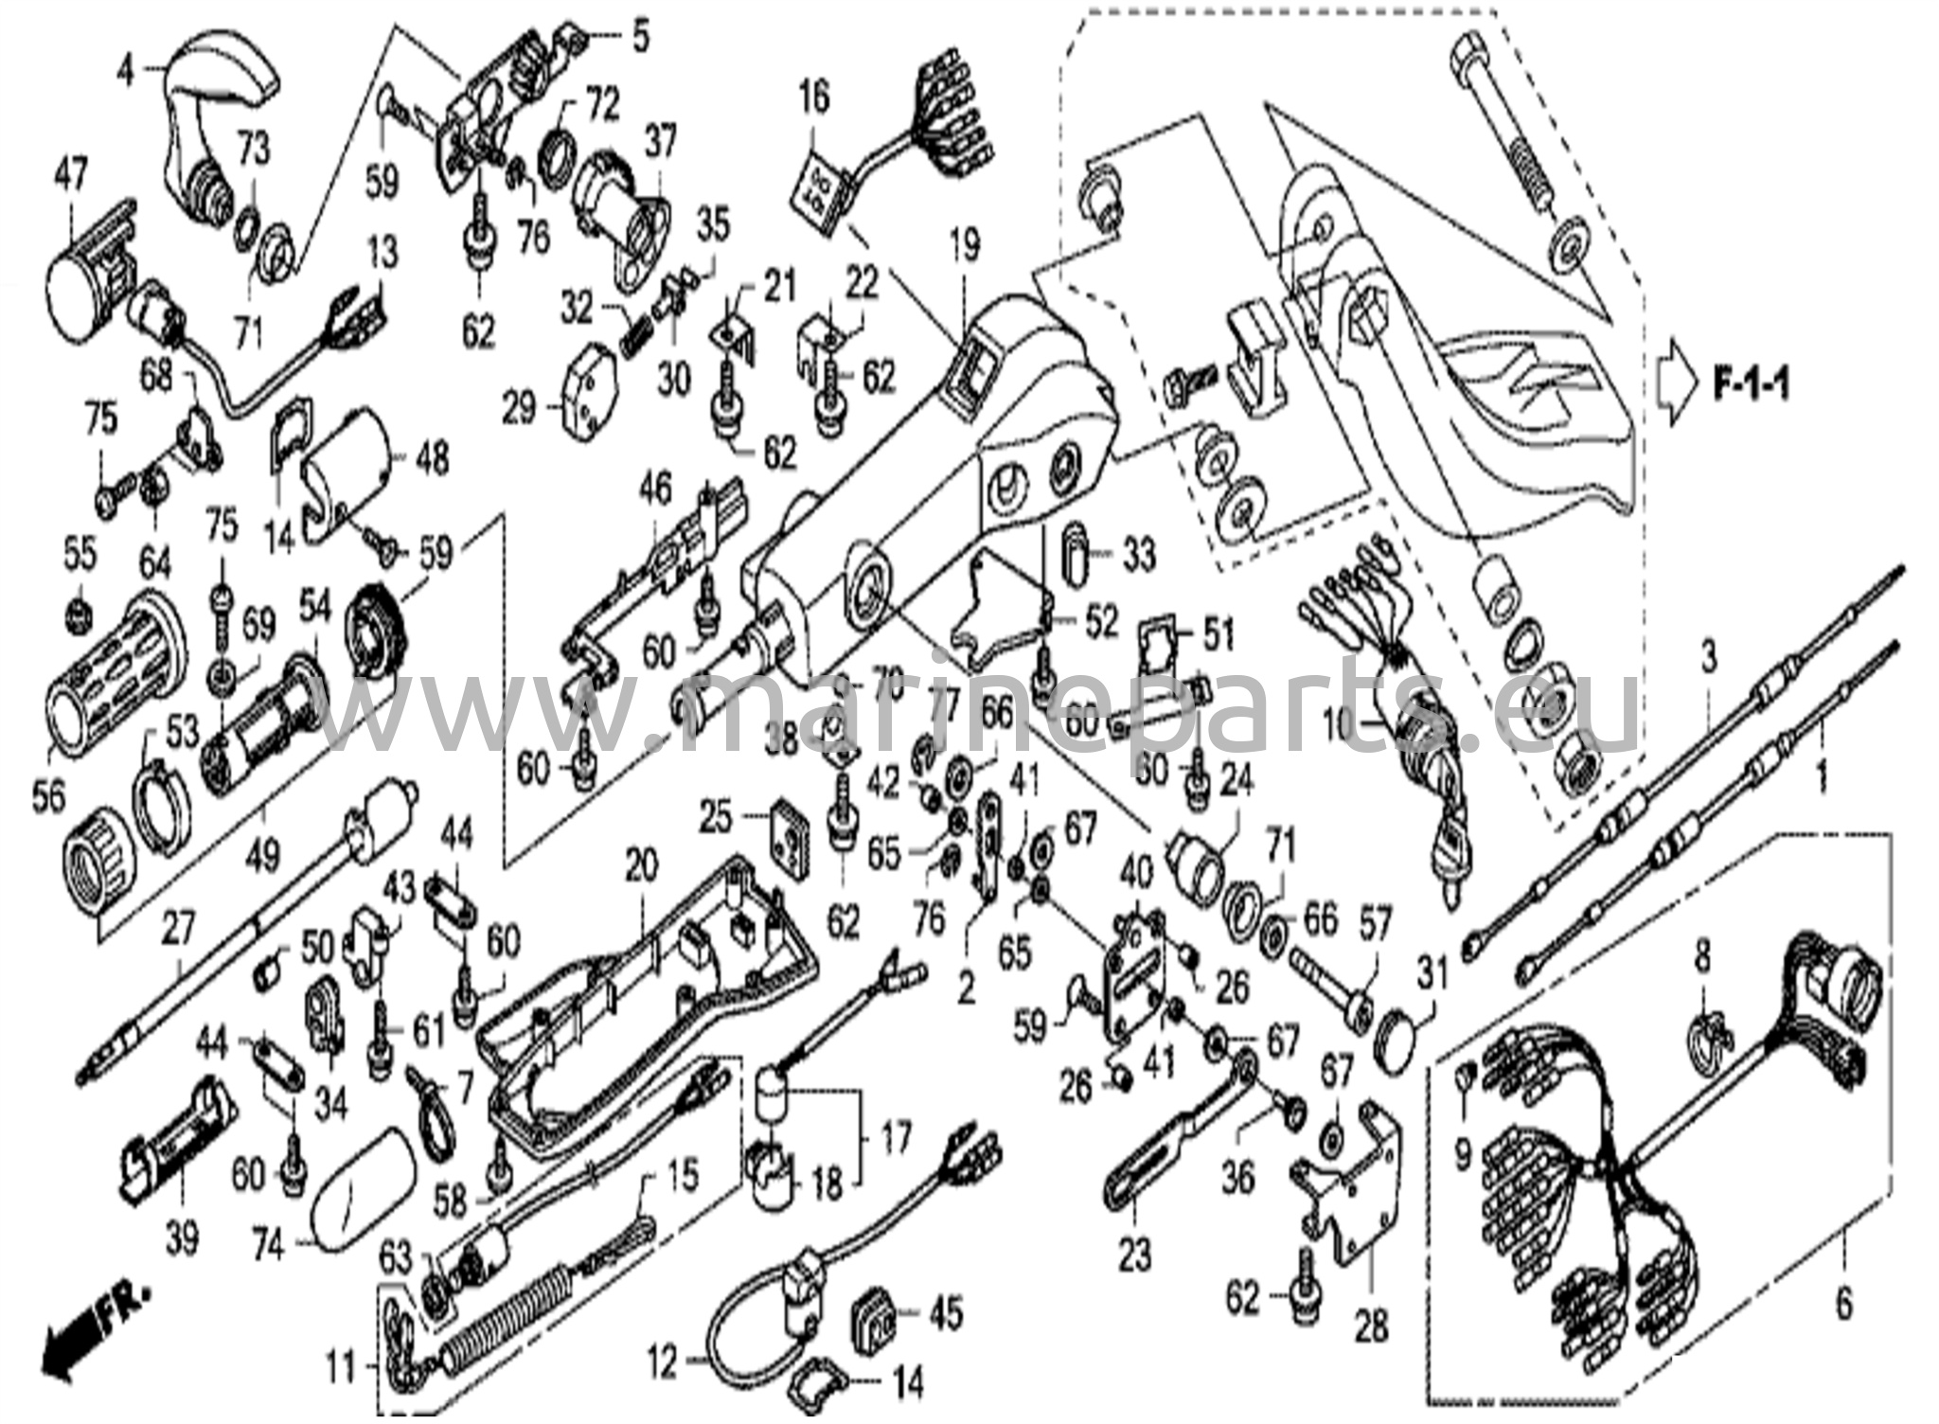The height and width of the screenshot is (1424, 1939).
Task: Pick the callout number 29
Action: pos(519,409)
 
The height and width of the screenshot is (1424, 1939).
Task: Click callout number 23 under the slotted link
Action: pos(1135,1255)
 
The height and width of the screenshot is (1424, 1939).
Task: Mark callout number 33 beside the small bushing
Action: pos(1138,556)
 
